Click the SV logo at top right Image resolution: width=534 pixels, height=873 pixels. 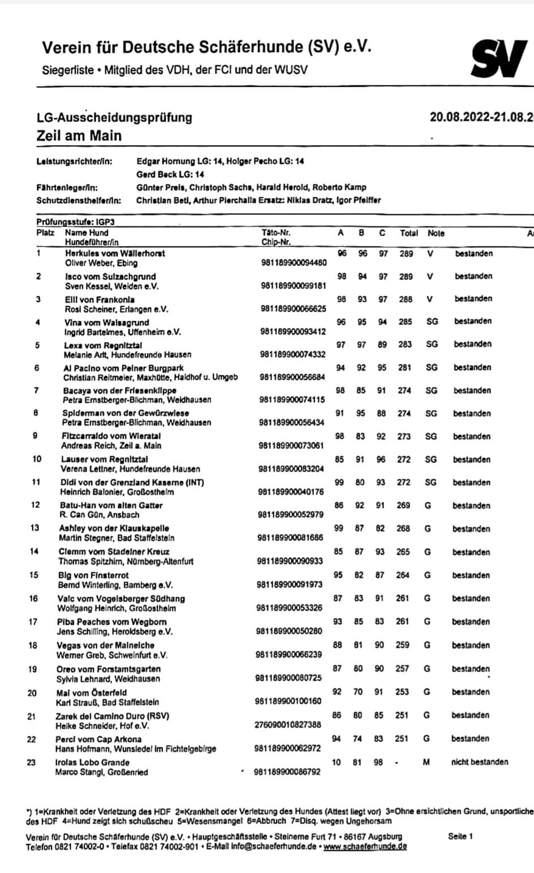tap(499, 59)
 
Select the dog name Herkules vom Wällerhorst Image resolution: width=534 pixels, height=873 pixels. tap(115, 253)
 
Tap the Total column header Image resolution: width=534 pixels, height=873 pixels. tap(408, 233)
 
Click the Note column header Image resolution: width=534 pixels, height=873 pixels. tap(436, 233)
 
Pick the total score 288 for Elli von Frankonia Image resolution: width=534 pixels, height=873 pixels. tap(406, 299)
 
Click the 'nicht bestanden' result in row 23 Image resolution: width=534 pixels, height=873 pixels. tap(479, 762)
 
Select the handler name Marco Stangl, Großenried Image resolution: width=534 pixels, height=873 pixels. tap(101, 772)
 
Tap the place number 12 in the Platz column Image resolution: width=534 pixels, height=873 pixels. tap(35, 505)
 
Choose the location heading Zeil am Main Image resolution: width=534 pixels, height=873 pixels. tap(79, 136)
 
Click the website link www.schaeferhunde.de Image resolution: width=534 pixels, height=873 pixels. tap(365, 846)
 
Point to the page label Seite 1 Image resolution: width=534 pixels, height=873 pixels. tap(460, 836)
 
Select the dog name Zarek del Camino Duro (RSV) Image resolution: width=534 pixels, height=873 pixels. tap(112, 715)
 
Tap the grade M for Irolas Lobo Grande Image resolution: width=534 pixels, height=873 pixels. tap(426, 762)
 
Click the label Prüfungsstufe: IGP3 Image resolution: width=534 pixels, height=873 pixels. tap(75, 222)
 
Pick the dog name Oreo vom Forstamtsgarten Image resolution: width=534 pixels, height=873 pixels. tap(108, 669)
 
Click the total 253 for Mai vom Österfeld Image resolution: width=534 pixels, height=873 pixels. tap(402, 692)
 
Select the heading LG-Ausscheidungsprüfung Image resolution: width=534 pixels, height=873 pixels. tap(114, 118)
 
